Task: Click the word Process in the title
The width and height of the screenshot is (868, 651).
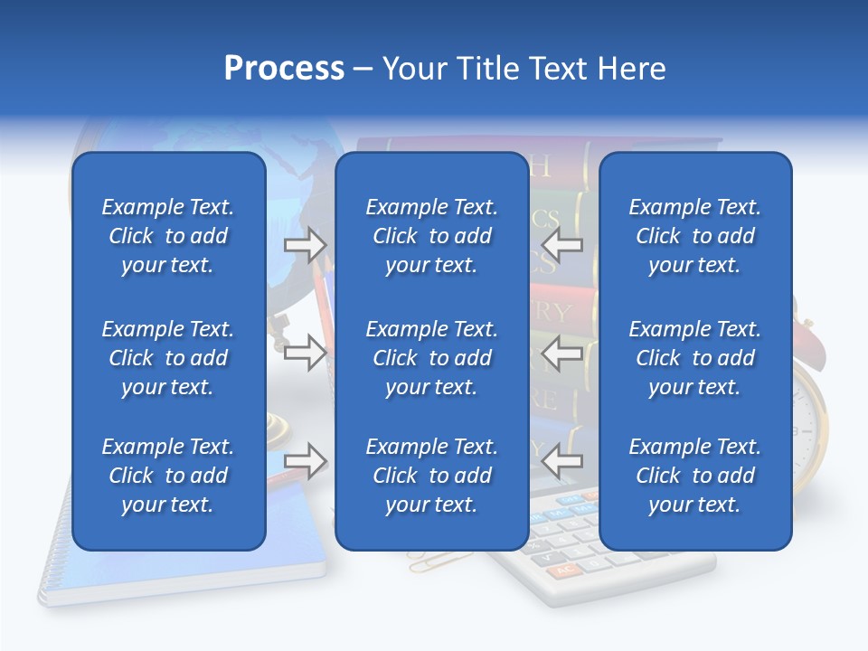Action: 284,69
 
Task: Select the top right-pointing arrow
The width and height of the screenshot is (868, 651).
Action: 305,244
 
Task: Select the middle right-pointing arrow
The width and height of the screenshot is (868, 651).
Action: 305,353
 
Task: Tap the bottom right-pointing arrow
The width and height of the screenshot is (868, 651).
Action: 305,461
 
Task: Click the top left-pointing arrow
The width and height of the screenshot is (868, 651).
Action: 562,244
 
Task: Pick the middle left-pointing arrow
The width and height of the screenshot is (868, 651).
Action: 562,353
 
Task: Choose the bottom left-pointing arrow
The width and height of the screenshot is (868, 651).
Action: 562,461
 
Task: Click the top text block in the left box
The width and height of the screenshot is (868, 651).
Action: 168,236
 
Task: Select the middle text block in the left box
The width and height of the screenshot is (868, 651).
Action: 168,358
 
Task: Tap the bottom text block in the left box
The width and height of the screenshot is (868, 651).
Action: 168,476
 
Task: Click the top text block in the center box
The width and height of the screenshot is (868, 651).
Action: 431,236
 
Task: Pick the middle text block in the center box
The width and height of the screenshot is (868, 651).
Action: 431,358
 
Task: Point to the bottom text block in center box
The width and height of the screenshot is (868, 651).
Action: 431,476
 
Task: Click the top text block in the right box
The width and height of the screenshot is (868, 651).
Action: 694,236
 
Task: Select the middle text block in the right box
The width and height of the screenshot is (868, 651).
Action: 694,358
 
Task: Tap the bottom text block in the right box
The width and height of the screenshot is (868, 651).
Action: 694,476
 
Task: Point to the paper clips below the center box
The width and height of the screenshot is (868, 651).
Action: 428,561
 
